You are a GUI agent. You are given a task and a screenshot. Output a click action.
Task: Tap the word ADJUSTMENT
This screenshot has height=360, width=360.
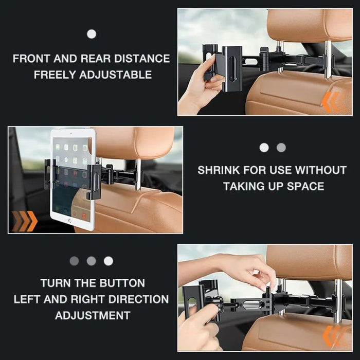click(93, 315)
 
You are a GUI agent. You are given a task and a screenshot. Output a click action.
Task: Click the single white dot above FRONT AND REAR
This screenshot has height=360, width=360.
click(92, 34)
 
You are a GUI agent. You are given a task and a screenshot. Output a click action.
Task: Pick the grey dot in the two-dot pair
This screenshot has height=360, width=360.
click(281, 148)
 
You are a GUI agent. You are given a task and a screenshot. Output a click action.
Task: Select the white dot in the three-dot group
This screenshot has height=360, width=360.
click(109, 261)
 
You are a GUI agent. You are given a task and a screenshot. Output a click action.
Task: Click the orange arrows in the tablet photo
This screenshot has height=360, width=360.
click(24, 221)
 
